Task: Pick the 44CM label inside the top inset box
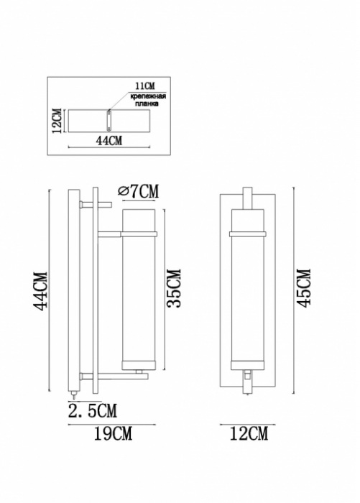point(109,141)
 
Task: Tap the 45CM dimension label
point(304,287)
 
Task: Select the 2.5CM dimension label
point(93,411)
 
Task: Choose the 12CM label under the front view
point(247,434)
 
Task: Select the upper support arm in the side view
point(109,234)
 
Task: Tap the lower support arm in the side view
point(115,375)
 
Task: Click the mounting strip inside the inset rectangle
point(109,120)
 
